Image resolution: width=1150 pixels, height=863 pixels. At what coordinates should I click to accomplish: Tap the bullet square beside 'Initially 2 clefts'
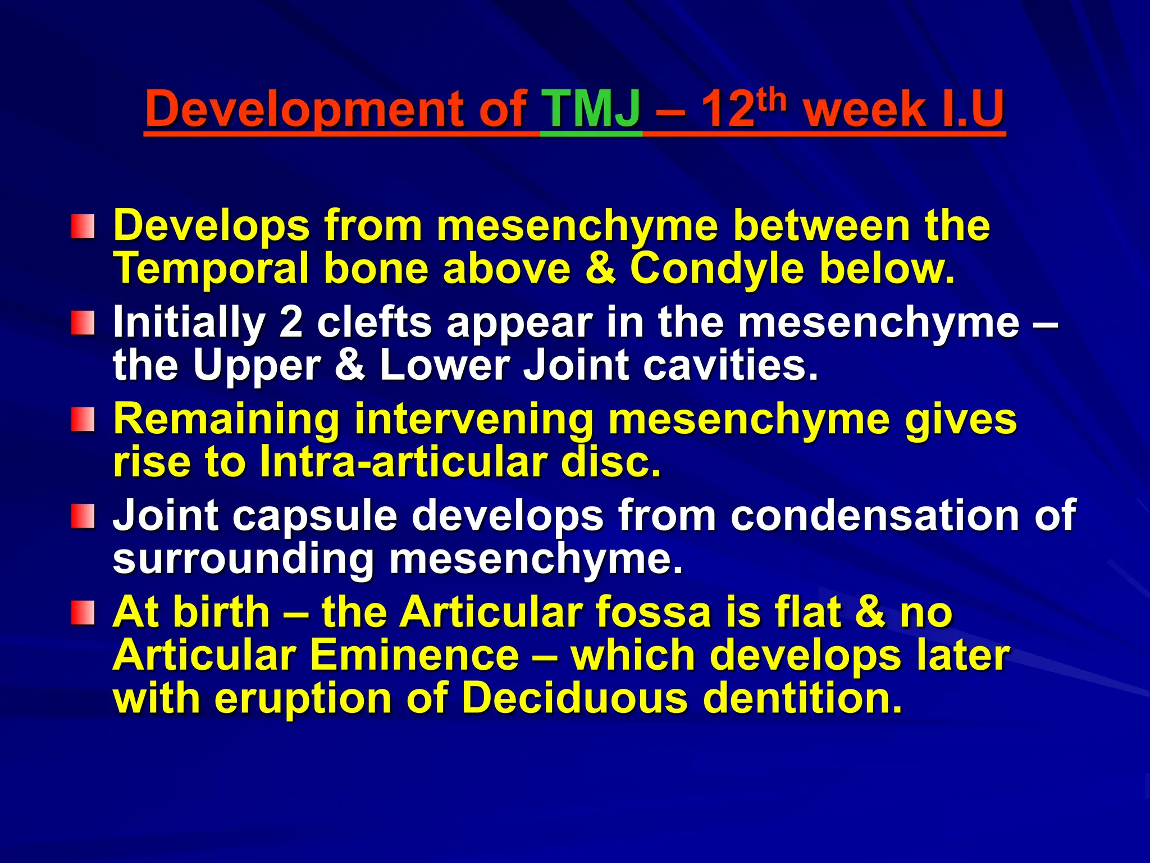point(83,324)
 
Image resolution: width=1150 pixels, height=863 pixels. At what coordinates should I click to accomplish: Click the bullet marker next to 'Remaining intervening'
point(83,420)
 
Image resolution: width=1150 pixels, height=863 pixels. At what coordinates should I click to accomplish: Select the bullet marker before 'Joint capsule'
point(83,516)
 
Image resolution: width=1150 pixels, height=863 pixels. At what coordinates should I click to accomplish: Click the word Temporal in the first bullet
point(211,269)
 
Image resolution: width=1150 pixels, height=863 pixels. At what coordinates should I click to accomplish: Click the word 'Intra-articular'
point(403,462)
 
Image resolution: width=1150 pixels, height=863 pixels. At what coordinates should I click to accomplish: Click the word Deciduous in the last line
point(574,698)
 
